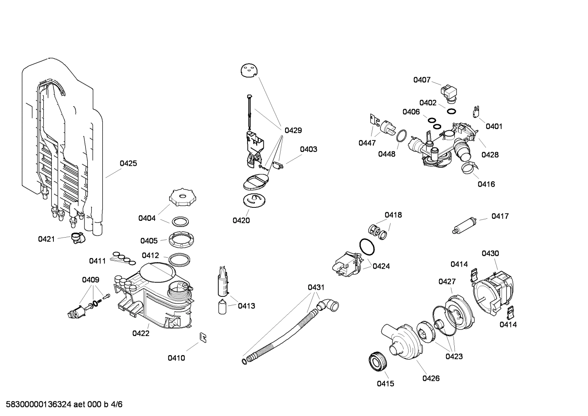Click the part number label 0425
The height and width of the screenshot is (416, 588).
click(128, 163)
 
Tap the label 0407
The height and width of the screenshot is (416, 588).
click(422, 80)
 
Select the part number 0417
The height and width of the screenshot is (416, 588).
click(500, 216)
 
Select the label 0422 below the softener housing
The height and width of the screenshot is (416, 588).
click(141, 333)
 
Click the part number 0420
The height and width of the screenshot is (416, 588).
click(241, 220)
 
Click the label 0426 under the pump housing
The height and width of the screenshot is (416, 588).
click(431, 378)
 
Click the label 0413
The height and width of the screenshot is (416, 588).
click(246, 306)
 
